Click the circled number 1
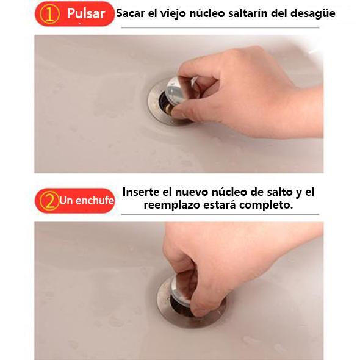[x=49, y=13]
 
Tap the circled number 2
[x=49, y=201]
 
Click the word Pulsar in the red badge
[x=86, y=13]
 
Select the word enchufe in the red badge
[x=95, y=200]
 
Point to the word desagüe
[x=312, y=14]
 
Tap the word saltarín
[x=248, y=13]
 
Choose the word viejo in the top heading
[x=173, y=13]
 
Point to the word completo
[x=266, y=205]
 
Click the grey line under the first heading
[x=220, y=27]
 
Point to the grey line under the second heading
[x=220, y=214]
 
